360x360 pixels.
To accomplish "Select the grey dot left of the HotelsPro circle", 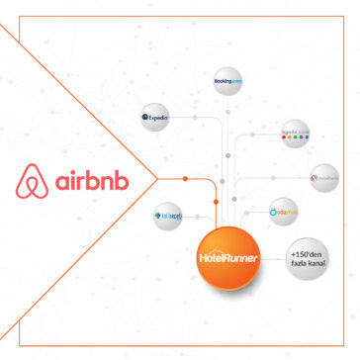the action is (x=294, y=180).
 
